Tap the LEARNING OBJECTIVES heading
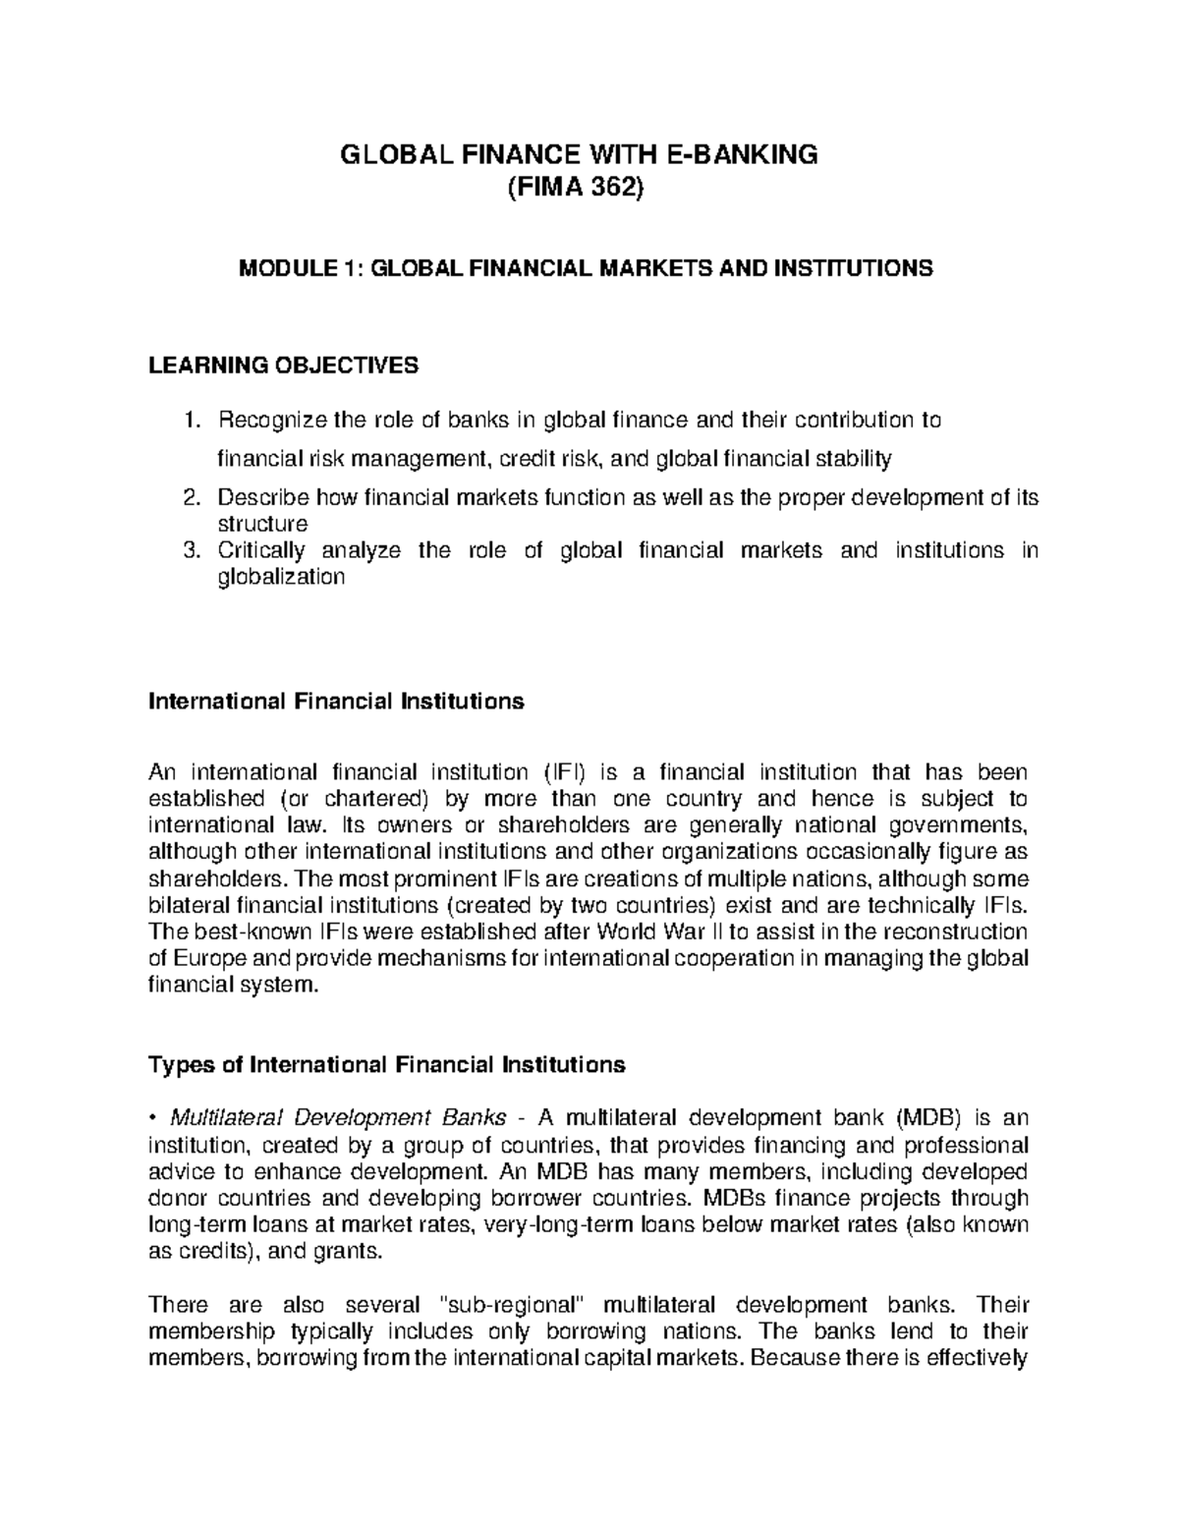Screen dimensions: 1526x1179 tap(283, 367)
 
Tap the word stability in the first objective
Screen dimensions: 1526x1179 tap(857, 458)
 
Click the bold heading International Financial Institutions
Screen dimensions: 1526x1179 tap(335, 702)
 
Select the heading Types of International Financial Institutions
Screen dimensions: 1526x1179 tap(386, 1064)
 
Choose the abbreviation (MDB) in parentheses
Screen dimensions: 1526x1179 tap(928, 1118)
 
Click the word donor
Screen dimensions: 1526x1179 tap(176, 1198)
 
